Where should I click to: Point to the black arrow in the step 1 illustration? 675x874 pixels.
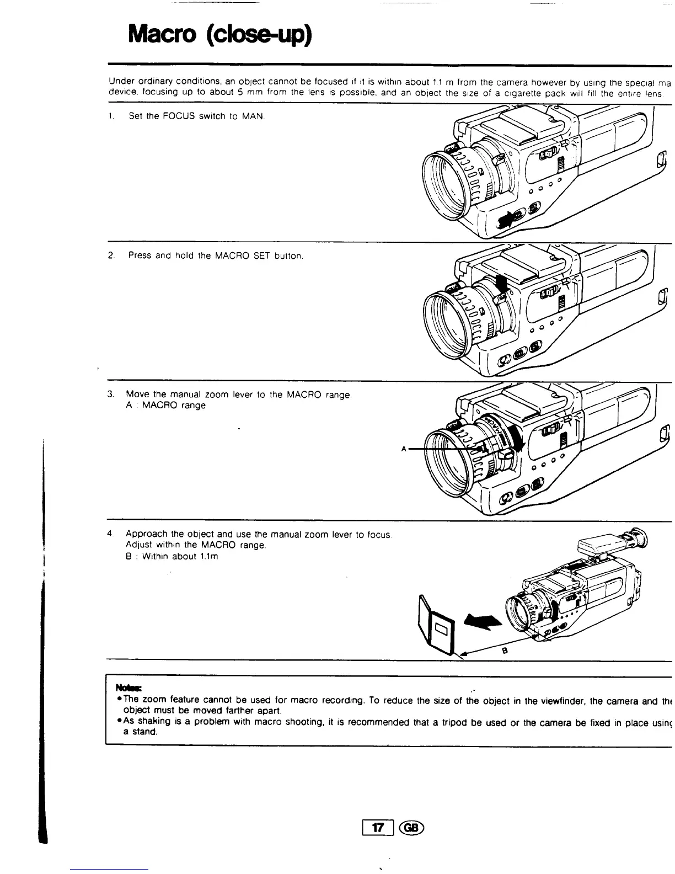pyautogui.click(x=505, y=220)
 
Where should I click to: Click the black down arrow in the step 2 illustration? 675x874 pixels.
pyautogui.click(x=502, y=285)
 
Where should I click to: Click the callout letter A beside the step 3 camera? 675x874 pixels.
pyautogui.click(x=404, y=449)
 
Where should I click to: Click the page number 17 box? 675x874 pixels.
pyautogui.click(x=378, y=828)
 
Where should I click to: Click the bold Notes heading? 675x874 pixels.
pyautogui.click(x=128, y=688)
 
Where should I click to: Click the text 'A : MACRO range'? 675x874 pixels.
pyautogui.click(x=165, y=406)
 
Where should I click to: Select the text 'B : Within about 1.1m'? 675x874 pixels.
pyautogui.click(x=172, y=556)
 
